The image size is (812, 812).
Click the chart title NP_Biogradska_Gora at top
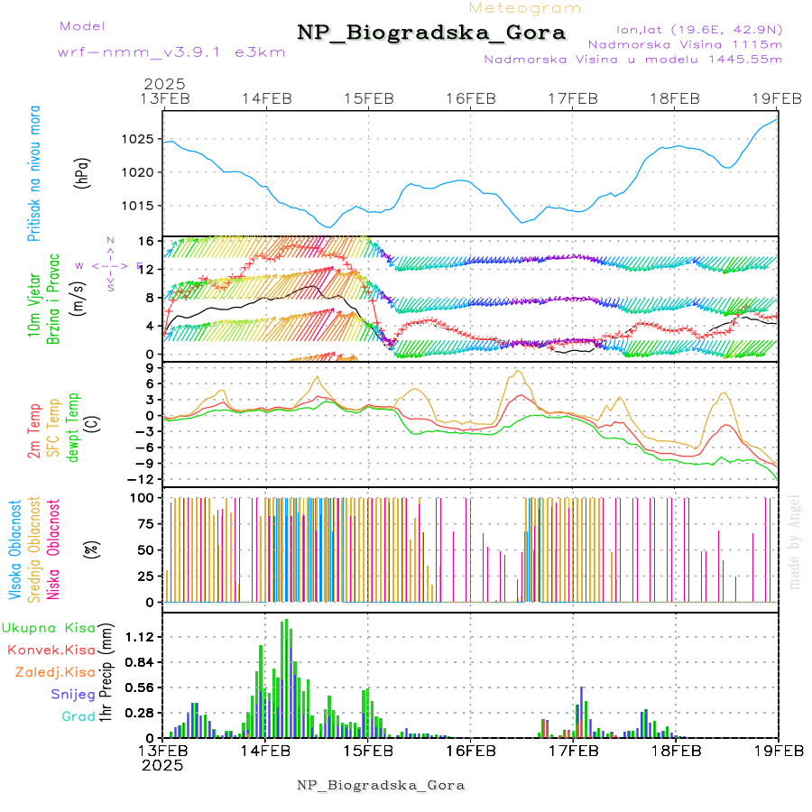click(x=431, y=33)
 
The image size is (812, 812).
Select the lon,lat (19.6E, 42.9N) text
click(x=698, y=29)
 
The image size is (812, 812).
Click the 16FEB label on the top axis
click(x=470, y=98)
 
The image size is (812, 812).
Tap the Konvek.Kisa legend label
click(x=51, y=650)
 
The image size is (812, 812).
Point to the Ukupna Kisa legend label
click(x=49, y=627)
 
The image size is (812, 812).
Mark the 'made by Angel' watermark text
click(x=795, y=541)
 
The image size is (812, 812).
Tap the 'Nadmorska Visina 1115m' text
click(x=685, y=43)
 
